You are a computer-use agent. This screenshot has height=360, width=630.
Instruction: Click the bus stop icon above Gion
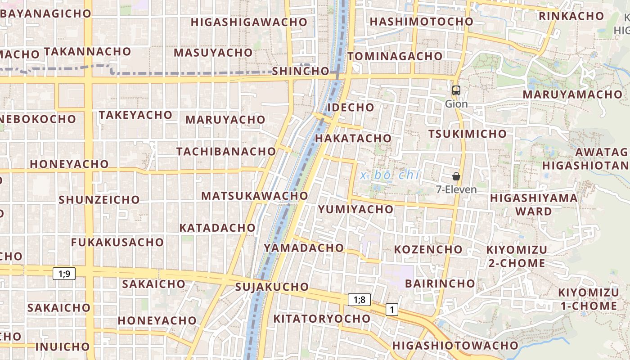point(456,90)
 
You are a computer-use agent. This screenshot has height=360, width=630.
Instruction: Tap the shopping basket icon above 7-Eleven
point(456,176)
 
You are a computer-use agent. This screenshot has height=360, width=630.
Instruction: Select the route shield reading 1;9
point(64,273)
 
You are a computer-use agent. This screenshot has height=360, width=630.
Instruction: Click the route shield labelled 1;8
point(359,300)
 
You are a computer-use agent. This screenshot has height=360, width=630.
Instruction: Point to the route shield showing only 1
point(392,310)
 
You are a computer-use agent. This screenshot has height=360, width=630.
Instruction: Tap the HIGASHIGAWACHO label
point(249,22)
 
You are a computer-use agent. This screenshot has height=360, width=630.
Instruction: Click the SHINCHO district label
point(301,71)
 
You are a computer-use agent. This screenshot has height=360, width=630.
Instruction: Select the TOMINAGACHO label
point(395,56)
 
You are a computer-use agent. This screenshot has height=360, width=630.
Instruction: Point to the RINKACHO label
point(571,16)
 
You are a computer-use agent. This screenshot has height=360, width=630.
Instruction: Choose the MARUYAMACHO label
point(572,94)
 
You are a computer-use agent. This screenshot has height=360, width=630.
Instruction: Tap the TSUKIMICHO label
point(467,134)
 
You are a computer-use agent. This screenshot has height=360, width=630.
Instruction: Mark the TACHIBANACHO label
point(226,151)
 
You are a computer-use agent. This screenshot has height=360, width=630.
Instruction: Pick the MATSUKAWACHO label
point(254,196)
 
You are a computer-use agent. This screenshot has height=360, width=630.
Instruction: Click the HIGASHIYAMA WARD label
point(534,204)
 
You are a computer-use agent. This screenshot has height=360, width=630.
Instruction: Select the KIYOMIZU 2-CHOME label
point(517,256)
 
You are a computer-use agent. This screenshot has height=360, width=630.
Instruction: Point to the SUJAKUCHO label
point(272,287)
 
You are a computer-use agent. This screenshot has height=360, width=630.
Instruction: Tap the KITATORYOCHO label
point(322,319)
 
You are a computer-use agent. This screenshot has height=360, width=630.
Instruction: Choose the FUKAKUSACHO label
point(117,242)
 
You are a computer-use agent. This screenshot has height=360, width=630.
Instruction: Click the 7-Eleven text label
point(456,189)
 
